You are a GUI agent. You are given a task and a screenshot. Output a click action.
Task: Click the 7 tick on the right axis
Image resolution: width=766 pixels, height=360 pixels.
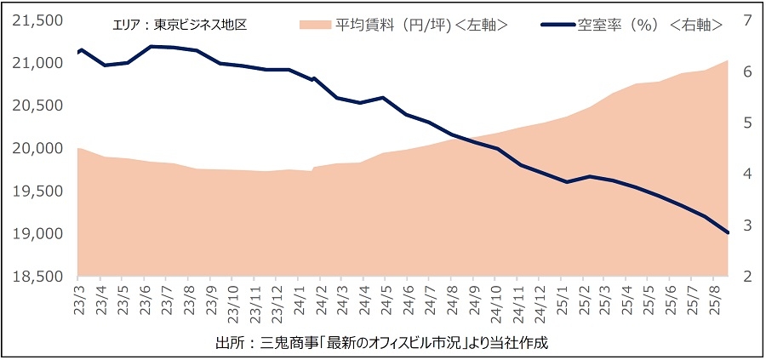click(745, 20)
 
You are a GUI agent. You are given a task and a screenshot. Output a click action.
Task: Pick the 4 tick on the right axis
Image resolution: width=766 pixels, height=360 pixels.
click(745, 174)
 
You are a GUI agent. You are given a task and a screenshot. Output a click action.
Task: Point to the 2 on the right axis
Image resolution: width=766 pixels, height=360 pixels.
click(745, 277)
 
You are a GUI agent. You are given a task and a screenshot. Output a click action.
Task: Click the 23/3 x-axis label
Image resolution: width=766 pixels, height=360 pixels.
click(78, 300)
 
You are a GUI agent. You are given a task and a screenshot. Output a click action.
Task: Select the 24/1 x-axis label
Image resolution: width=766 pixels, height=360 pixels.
click(300, 300)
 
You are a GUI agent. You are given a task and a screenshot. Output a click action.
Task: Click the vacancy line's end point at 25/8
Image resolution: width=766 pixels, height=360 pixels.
click(728, 232)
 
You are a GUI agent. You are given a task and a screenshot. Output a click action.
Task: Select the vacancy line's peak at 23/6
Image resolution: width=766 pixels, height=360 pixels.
click(151, 47)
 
